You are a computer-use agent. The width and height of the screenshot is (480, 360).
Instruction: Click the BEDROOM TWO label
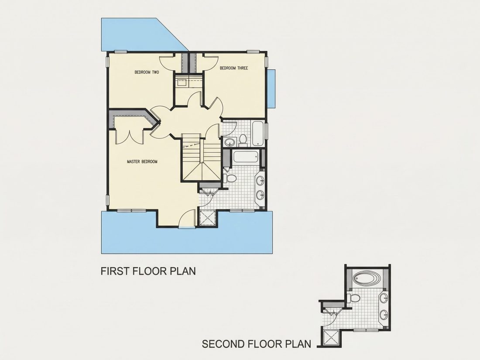(x=147, y=72)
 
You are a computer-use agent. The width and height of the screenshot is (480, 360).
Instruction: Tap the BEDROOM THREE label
(x=234, y=68)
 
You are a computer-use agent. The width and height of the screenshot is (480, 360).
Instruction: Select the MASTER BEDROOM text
(x=142, y=161)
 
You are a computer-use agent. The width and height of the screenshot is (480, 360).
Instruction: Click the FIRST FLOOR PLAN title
(x=148, y=271)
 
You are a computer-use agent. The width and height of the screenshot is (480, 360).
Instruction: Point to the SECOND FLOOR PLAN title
(x=257, y=344)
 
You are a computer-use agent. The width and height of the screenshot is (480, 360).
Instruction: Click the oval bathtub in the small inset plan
(x=367, y=279)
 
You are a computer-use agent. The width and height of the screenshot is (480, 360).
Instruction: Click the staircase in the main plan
(x=201, y=158)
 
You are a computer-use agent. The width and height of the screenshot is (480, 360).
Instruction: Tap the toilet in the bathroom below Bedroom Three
(x=243, y=139)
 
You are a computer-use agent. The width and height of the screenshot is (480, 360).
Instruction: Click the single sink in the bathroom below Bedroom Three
(x=229, y=142)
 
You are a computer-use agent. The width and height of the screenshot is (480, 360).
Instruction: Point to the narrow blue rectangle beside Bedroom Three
(x=271, y=89)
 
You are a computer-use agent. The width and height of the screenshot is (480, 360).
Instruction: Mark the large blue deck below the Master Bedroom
(x=187, y=237)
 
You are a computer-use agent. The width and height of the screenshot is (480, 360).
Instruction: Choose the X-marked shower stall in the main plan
(x=208, y=218)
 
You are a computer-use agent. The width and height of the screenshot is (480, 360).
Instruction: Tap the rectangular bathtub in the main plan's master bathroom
(x=246, y=157)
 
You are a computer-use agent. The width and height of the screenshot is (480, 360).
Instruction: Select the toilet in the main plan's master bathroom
(x=230, y=178)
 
